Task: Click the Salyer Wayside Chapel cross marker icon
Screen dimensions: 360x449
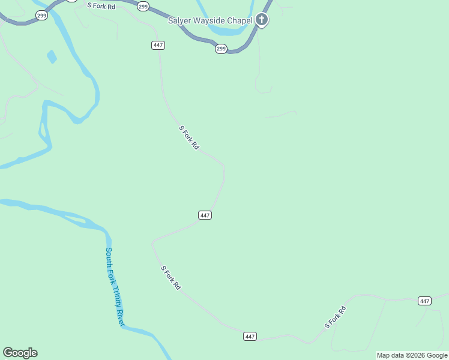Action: [x=262, y=20]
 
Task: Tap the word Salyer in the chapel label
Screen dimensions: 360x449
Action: [x=179, y=20]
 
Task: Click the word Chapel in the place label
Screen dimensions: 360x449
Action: [x=239, y=20]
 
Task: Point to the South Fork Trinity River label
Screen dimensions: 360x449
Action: [x=115, y=287]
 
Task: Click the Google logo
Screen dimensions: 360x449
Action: [x=20, y=353]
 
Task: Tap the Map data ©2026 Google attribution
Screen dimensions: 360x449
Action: [x=412, y=355]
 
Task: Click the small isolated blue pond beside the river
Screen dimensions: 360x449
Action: [x=52, y=57]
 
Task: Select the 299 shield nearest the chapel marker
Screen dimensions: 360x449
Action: [x=221, y=49]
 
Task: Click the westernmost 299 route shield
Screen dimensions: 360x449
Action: [x=41, y=16]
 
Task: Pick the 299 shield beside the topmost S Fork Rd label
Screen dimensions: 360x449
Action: [x=143, y=6]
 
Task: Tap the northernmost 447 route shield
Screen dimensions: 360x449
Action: [x=158, y=45]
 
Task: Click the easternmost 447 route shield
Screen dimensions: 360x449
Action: [x=424, y=301]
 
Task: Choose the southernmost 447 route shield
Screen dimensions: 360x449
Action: [x=250, y=336]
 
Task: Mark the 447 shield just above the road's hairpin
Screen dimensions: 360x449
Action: [x=205, y=215]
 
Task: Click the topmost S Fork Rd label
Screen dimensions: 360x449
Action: [x=101, y=5]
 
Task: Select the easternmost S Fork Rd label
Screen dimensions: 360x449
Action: [x=336, y=317]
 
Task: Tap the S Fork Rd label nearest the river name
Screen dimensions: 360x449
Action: [x=170, y=277]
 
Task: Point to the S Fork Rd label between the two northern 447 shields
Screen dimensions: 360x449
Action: [x=188, y=137]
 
